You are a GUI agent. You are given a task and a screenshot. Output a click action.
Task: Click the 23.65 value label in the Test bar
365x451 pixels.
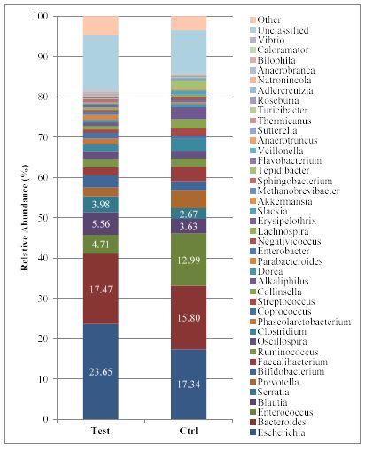coord(101,371)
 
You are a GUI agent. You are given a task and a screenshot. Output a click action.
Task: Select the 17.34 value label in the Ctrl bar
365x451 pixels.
coord(189,384)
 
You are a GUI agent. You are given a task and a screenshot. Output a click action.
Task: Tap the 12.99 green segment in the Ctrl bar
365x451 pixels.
coord(189,260)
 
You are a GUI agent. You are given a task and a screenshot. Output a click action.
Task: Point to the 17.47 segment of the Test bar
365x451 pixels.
coord(101,289)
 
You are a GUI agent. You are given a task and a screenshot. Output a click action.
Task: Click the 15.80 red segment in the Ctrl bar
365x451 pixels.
coord(189,318)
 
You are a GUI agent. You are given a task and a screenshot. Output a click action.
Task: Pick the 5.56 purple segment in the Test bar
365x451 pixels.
coord(101,223)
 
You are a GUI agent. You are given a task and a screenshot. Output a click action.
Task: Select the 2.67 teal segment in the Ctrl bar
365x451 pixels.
coord(189,214)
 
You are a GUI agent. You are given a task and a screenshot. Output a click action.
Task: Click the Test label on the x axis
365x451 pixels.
coord(101,431)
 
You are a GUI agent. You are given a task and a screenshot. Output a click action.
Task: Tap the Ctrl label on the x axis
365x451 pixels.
coord(189,431)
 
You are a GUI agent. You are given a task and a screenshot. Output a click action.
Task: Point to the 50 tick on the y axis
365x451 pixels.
coord(43,218)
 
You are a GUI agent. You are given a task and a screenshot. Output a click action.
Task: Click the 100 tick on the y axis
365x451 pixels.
coord(40,16)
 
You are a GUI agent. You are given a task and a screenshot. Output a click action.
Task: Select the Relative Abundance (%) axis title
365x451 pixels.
coord(25,218)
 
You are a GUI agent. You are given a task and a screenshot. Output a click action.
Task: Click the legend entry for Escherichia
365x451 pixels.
coord(277,432)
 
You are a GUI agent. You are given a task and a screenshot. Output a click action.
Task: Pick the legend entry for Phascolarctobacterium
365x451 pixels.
coord(300,322)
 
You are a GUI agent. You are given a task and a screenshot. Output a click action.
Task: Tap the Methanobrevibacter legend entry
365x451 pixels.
coord(295,191)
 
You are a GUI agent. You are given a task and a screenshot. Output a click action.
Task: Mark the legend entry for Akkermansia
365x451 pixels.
coord(281,201)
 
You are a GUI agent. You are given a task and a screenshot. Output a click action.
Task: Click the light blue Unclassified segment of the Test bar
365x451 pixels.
coord(101,63)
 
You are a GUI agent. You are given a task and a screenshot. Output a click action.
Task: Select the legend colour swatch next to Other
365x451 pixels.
coord(252,19)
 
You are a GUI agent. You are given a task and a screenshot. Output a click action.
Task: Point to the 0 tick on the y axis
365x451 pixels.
coord(45,419)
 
